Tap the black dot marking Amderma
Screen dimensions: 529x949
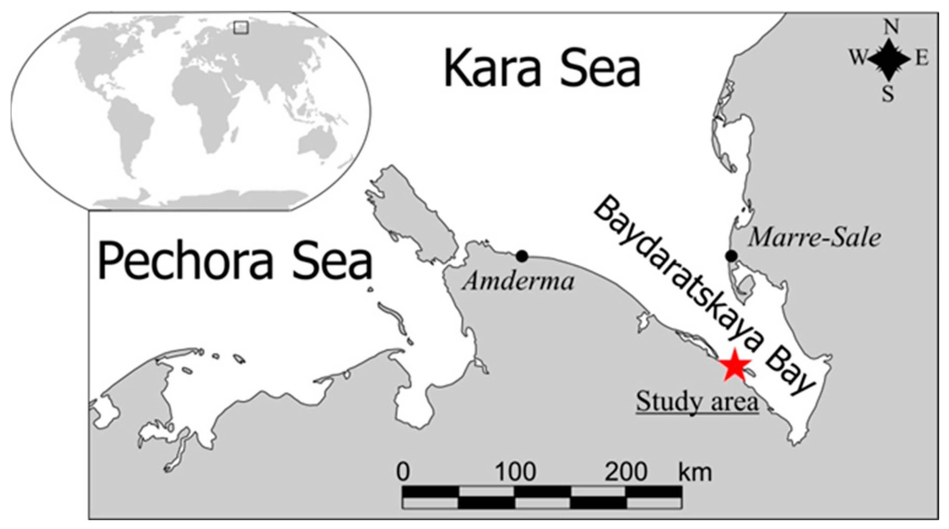point(522,256)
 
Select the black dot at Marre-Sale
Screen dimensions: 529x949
point(731,256)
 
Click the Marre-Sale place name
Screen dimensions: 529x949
point(814,238)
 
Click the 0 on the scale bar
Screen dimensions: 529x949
point(403,471)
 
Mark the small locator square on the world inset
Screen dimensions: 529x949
point(241,28)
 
